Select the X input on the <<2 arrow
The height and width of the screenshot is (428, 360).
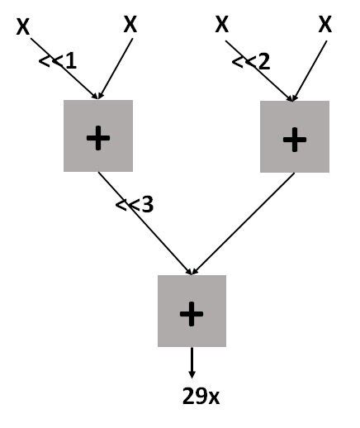point(221,24)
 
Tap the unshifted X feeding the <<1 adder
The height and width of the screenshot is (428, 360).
point(130,24)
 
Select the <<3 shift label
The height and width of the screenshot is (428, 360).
point(135,204)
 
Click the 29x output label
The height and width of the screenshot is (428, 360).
point(201,396)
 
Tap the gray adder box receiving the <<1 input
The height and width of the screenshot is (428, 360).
point(97,136)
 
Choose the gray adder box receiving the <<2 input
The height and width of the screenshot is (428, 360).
point(294,136)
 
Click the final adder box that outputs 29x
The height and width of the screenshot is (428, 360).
point(192,311)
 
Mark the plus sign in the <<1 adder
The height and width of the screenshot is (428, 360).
point(97,138)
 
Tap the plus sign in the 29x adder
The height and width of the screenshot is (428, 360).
point(192,312)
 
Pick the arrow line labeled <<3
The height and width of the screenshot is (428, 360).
point(144,223)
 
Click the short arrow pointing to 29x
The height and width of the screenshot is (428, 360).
point(192,364)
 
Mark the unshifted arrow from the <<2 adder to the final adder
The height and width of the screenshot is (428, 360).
point(244,223)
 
